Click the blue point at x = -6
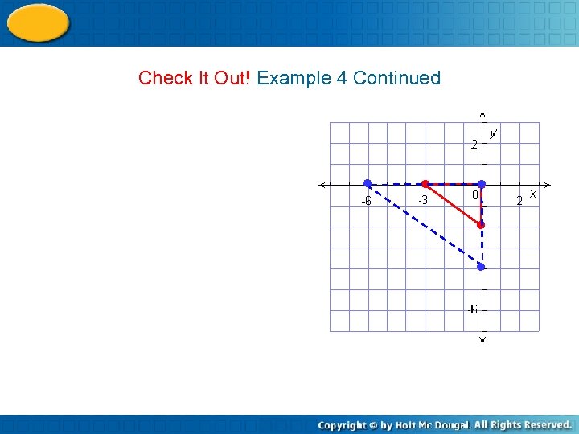pos(368,184)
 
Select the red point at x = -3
pos(425,184)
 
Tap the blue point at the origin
pos(481,184)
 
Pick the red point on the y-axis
pos(481,225)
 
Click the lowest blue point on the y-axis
pos(481,266)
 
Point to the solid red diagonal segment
pos(453,204)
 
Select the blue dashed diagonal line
pos(424,225)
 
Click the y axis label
pos(493,132)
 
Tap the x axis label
pos(532,194)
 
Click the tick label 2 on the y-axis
pos(474,145)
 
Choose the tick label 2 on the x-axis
pos(519,200)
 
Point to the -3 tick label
pos(422,200)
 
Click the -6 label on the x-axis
pos(365,201)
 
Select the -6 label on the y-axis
pos(473,309)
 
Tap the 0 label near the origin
pos(475,194)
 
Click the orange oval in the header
pos(38,23)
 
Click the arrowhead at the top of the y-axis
pos(481,113)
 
